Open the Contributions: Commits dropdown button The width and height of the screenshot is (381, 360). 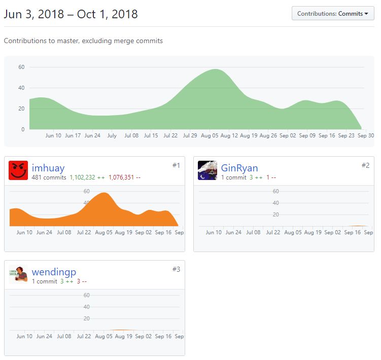pyautogui.click(x=333, y=13)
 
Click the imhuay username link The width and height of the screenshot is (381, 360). pyautogui.click(x=48, y=168)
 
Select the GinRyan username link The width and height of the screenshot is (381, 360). pyautogui.click(x=239, y=168)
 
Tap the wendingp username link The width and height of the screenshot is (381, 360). pyautogui.click(x=54, y=272)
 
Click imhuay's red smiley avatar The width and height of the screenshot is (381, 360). pyautogui.click(x=18, y=170)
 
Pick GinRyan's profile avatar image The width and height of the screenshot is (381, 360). pyautogui.click(x=207, y=170)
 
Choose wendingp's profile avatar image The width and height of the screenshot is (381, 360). pyautogui.click(x=18, y=274)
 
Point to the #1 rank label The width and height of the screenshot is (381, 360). pyautogui.click(x=176, y=165)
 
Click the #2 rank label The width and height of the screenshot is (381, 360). pyautogui.click(x=365, y=165)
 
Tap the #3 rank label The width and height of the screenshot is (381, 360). pyautogui.click(x=176, y=269)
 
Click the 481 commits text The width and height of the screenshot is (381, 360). pyautogui.click(x=49, y=177)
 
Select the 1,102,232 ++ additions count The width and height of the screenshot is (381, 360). pyautogui.click(x=87, y=177)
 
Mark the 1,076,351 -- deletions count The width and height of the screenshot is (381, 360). pyautogui.click(x=124, y=177)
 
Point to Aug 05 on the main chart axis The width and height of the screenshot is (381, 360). pyautogui.click(x=210, y=135)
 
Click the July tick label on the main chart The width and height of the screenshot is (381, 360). pyautogui.click(x=112, y=135)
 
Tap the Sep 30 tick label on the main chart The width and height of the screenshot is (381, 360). pyautogui.click(x=366, y=135)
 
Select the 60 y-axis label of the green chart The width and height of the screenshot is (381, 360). pyautogui.click(x=21, y=67)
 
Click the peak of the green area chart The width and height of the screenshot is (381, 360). pyautogui.click(x=216, y=69)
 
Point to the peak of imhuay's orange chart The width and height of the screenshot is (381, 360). pyautogui.click(x=104, y=193)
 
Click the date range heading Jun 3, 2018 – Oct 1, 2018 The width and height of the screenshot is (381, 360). pyautogui.click(x=71, y=14)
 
